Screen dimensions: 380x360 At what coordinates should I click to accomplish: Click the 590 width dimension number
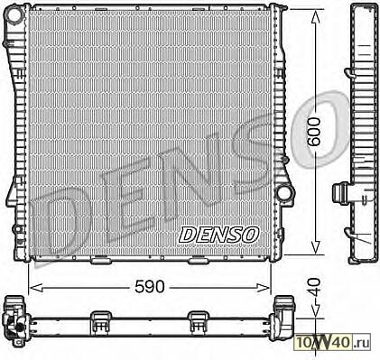150,286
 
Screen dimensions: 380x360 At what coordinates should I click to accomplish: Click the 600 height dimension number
315,132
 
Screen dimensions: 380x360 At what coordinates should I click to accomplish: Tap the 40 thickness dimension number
315,288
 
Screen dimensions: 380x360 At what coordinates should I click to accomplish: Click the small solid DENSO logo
219,235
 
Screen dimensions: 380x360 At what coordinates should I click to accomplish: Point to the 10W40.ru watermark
333,342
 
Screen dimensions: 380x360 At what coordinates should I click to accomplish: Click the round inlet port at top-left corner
14,14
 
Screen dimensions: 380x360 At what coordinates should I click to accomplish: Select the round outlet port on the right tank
283,193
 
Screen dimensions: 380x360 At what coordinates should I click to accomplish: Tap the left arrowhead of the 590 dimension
36,288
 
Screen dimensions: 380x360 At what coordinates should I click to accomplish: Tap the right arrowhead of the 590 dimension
263,288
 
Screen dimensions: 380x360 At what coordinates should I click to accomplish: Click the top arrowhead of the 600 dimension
315,17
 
